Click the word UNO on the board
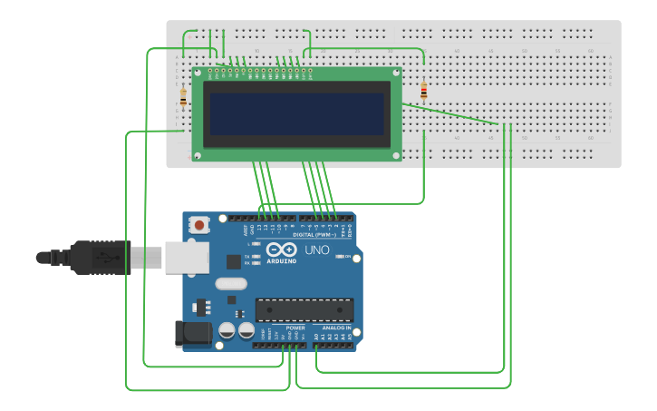pyautogui.click(x=316, y=250)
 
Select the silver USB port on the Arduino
pyautogui.click(x=187, y=257)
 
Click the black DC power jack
pyautogui.click(x=192, y=333)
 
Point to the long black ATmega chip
pyautogui.click(x=304, y=309)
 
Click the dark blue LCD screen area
pyautogui.click(x=296, y=113)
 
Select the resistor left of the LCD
pyautogui.click(x=183, y=96)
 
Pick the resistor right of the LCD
pyautogui.click(x=424, y=90)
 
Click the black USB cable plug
pyautogui.click(x=100, y=258)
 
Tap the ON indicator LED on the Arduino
pyautogui.click(x=337, y=257)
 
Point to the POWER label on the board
pyautogui.click(x=283, y=328)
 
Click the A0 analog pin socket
pyautogui.click(x=316, y=345)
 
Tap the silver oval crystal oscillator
pyautogui.click(x=231, y=283)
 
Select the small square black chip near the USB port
pyautogui.click(x=234, y=262)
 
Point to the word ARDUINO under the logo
pyautogui.click(x=281, y=260)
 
